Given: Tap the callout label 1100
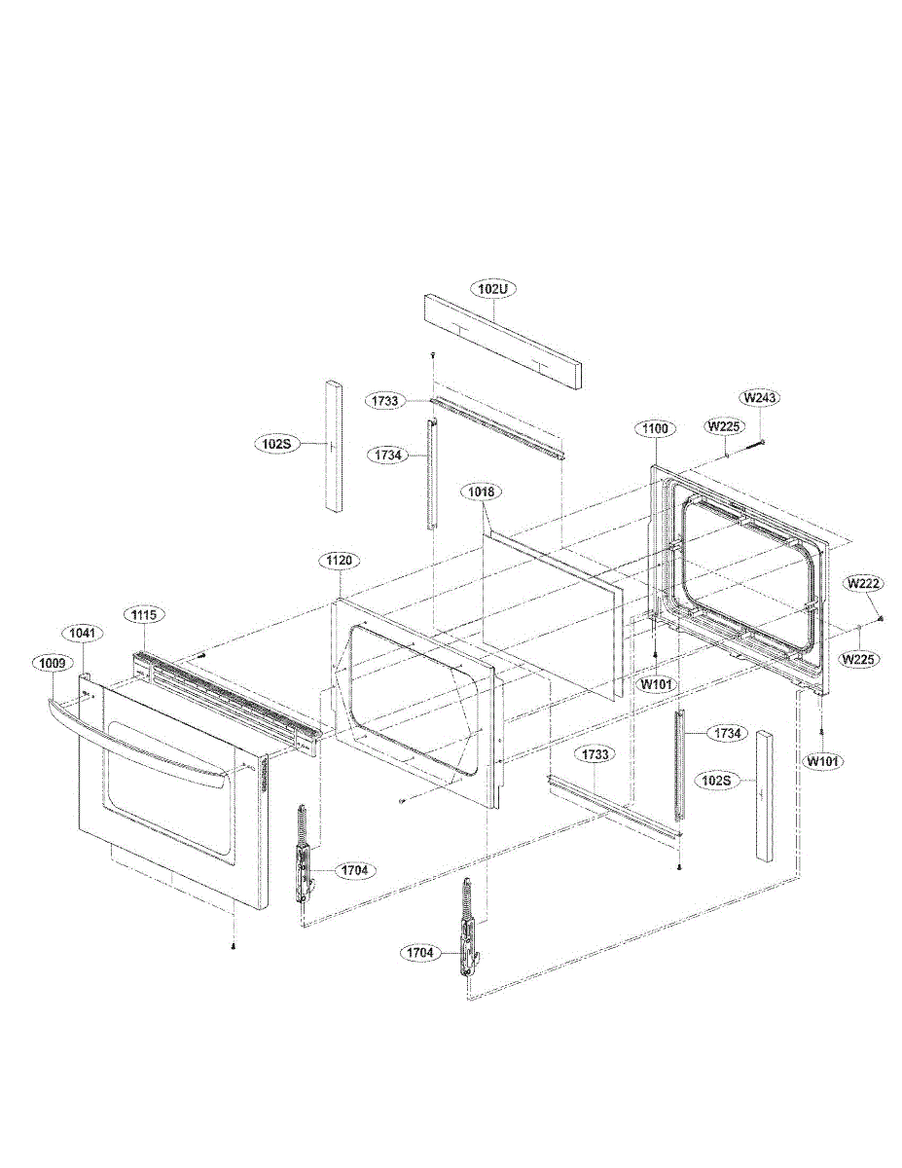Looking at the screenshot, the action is coord(655,428).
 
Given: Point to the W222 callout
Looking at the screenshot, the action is coord(863,583).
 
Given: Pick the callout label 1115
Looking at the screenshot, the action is coord(144,614).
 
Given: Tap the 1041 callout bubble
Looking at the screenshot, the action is coord(82,634).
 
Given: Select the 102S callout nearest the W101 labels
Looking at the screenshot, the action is coord(716,781).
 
